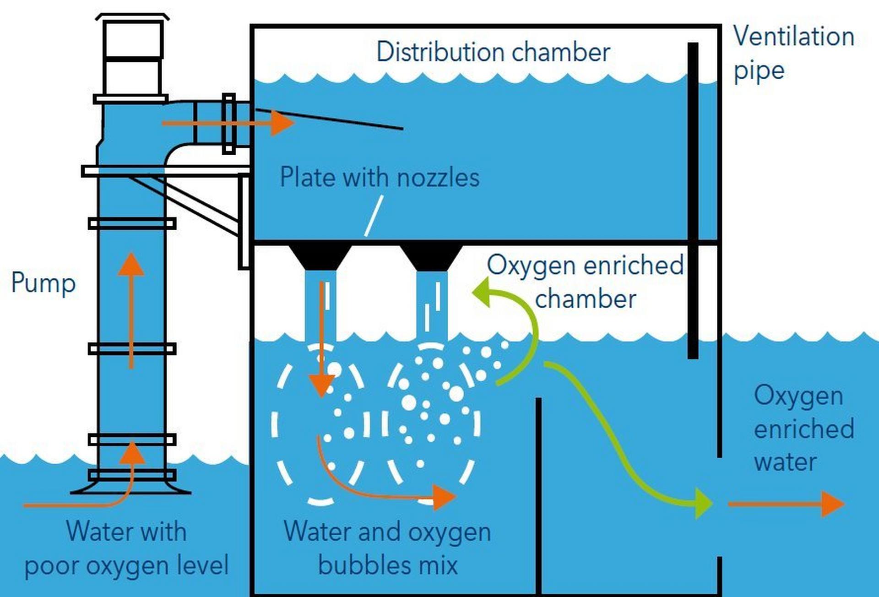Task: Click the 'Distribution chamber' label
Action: tap(493, 52)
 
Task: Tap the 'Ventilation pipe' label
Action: tap(794, 54)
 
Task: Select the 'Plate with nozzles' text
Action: tap(380, 177)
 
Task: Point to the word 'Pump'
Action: tap(43, 283)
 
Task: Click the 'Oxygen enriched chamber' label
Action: tap(585, 282)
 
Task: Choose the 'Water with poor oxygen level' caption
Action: tap(126, 548)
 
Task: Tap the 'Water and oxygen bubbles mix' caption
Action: tap(387, 548)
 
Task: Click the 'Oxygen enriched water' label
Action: tap(804, 429)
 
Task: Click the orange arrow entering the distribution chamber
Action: tap(228, 123)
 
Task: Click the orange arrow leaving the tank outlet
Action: tap(786, 504)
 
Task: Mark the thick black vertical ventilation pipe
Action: tap(693, 201)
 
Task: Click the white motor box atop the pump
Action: tap(132, 55)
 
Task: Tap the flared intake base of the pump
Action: tap(131, 486)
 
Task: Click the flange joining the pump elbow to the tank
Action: tap(228, 124)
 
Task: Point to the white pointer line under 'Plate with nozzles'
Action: tap(374, 216)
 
